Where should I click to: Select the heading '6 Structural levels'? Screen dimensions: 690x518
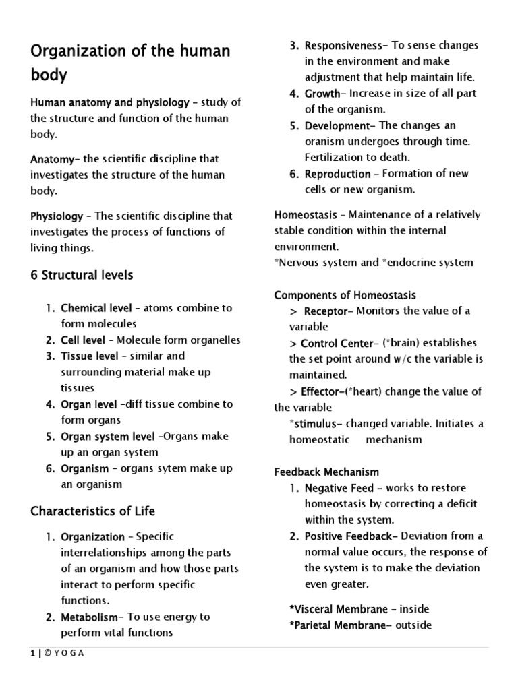pos(82,275)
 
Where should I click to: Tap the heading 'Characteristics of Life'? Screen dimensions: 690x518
pos(92,511)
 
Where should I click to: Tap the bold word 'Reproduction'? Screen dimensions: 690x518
pos(337,174)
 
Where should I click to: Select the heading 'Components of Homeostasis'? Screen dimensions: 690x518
pos(345,295)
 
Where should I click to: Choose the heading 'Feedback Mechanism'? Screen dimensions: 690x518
pos(326,472)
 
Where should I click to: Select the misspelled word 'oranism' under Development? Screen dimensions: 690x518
pos(324,142)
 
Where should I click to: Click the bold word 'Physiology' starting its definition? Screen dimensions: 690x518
pos(57,216)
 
